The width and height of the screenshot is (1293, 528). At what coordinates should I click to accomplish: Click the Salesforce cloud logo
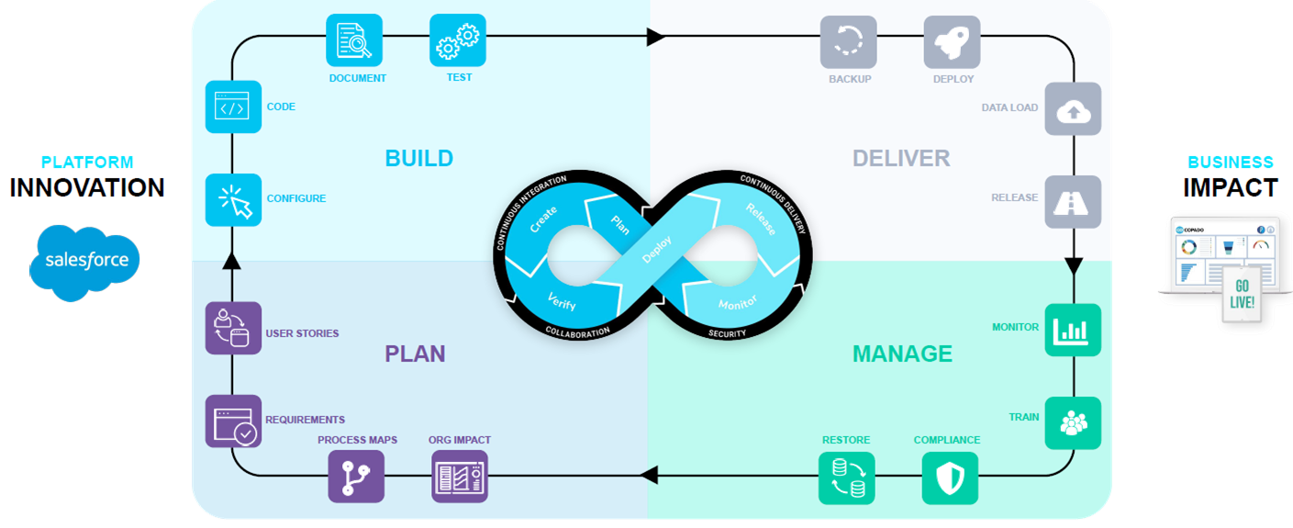[86, 262]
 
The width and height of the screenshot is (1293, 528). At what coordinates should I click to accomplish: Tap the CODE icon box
[233, 107]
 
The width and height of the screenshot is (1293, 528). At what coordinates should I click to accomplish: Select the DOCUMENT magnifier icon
[354, 40]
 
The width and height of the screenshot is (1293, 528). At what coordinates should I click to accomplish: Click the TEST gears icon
[458, 40]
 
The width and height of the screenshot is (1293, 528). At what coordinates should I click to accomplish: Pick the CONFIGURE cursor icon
[233, 200]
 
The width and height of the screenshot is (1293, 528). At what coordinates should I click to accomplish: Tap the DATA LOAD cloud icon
[1073, 109]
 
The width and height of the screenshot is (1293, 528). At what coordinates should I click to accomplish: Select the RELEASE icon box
[1073, 201]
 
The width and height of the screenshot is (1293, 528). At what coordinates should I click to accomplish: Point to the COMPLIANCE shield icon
[950, 477]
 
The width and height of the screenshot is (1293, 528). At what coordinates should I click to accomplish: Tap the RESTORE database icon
[846, 477]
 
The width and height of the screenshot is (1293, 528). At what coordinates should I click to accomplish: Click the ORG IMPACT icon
[459, 477]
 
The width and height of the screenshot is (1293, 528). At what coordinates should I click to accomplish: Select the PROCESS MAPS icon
[356, 477]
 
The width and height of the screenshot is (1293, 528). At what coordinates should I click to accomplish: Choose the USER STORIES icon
[233, 329]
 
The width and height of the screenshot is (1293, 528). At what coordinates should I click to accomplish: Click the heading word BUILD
[418, 158]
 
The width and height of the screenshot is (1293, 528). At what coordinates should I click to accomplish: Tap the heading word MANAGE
[902, 354]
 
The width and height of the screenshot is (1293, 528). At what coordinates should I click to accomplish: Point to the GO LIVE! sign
[1242, 296]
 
